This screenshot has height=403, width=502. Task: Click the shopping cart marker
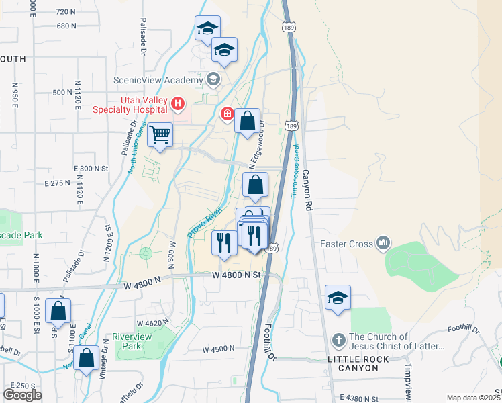(x=160, y=134)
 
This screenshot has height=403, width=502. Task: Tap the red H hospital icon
(x=178, y=103)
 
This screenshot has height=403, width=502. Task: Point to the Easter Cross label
(x=347, y=244)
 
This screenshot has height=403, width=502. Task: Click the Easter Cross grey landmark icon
(x=383, y=242)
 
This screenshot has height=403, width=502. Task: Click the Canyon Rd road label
(x=307, y=191)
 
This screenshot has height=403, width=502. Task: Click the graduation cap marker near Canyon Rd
(x=338, y=298)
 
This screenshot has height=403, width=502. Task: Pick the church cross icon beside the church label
(x=339, y=341)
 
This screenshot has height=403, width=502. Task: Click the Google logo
(x=22, y=395)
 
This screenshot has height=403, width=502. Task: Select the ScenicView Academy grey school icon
(x=213, y=80)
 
